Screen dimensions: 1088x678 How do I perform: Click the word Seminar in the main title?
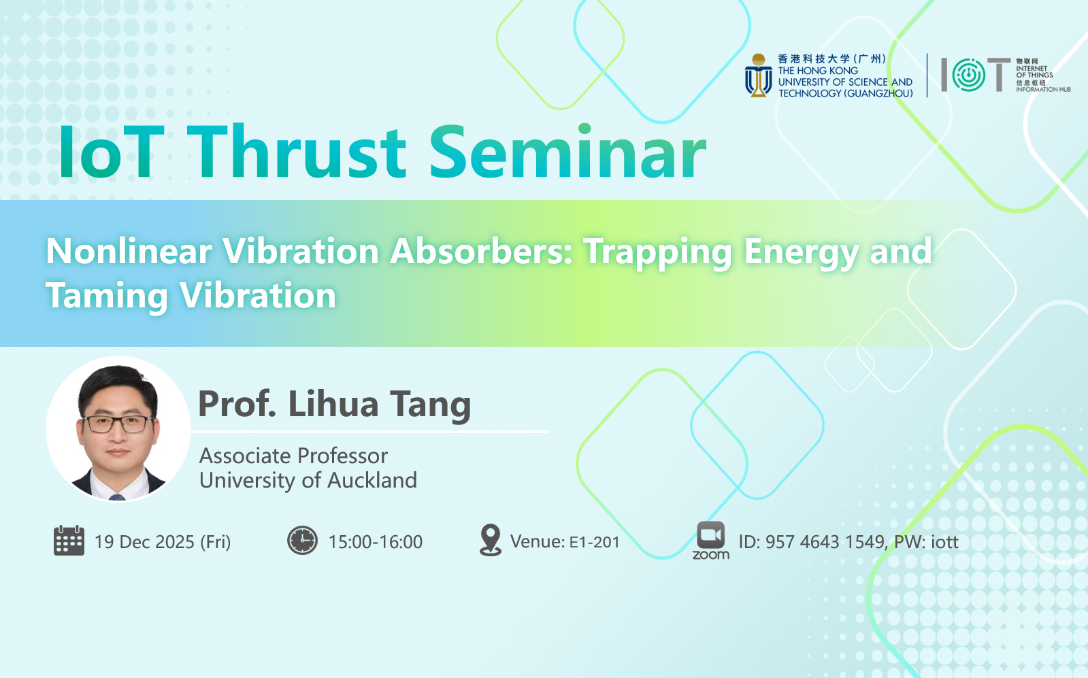tap(567, 152)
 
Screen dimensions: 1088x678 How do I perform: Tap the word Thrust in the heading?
tap(296, 152)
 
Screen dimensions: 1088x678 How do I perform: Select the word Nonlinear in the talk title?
tap(129, 252)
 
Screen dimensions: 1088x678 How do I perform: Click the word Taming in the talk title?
tap(107, 296)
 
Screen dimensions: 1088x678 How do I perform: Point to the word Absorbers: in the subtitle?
tap(481, 252)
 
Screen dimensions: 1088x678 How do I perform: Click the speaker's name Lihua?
tap(333, 404)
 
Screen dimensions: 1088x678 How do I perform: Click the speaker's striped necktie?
tap(117, 497)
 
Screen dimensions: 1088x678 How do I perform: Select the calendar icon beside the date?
tap(69, 540)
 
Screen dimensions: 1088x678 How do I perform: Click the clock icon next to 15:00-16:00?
tap(302, 540)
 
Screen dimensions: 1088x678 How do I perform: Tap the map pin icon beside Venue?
tap(491, 540)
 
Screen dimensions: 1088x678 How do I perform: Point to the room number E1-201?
tap(595, 542)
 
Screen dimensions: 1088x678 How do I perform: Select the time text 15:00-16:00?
tap(376, 542)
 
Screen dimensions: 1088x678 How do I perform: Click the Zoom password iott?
tap(944, 542)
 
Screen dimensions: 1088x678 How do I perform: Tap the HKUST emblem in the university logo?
tap(758, 75)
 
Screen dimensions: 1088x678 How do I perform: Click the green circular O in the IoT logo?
tap(968, 75)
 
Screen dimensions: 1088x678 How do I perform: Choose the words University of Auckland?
tap(308, 481)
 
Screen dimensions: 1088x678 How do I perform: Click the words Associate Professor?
tap(293, 456)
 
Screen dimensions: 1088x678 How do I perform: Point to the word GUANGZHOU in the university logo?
tap(878, 93)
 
